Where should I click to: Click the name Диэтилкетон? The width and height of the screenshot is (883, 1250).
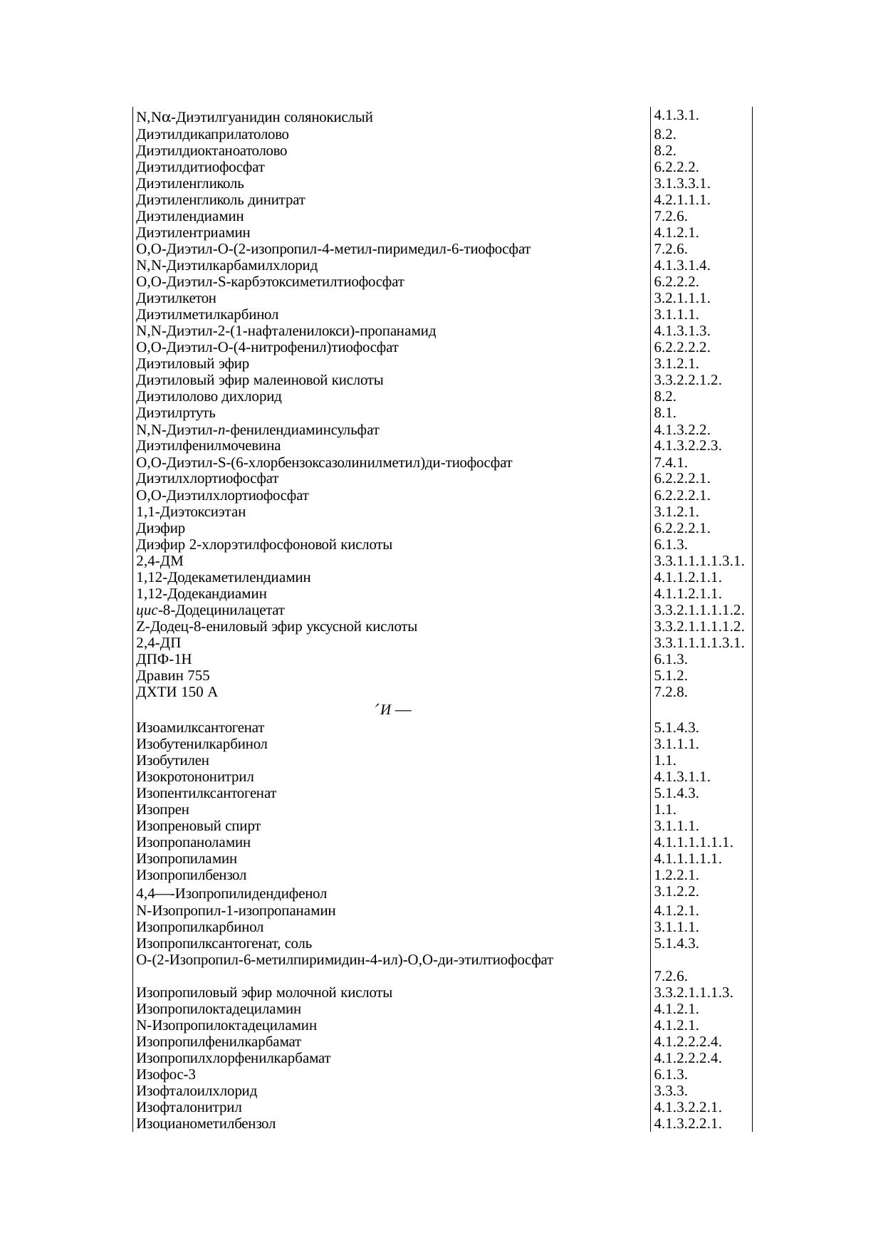(x=176, y=298)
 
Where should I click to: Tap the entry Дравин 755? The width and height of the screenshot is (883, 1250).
(x=173, y=675)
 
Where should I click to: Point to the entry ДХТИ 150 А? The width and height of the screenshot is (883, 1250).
(x=177, y=692)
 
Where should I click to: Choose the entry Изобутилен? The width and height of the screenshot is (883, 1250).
(x=172, y=761)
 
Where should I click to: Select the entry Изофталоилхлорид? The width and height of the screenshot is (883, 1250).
(x=197, y=1091)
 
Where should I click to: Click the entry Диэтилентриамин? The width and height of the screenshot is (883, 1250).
(x=193, y=233)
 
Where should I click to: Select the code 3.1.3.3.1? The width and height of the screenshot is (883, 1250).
(x=681, y=183)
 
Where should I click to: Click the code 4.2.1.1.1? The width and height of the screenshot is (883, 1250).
(x=681, y=200)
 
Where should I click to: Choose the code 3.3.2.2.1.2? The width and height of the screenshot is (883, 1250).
(x=688, y=380)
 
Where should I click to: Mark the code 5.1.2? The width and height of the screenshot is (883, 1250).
(x=670, y=675)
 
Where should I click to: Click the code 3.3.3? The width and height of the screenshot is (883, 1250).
(x=670, y=1091)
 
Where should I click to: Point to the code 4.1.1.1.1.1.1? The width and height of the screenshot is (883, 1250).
(x=693, y=843)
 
